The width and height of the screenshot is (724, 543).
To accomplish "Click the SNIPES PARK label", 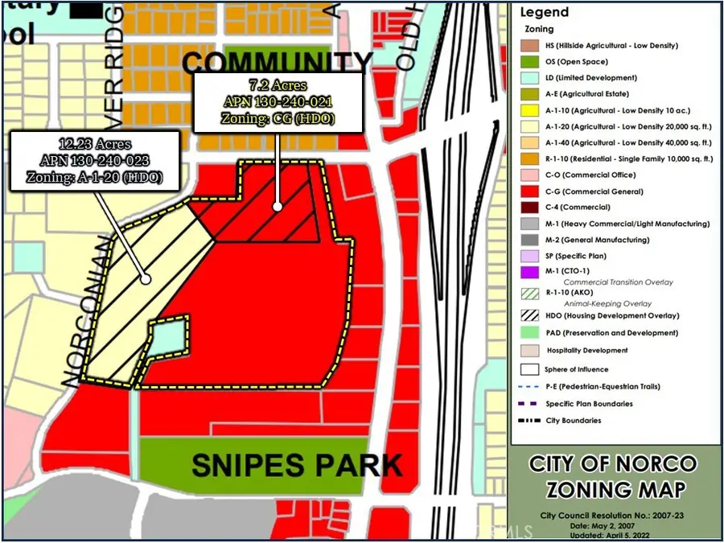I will [x=297, y=465].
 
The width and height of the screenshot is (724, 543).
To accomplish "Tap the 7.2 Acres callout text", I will [x=277, y=85].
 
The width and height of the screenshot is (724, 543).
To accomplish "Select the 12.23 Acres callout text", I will [x=93, y=146].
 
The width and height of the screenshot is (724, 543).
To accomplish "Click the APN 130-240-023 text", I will [x=93, y=161].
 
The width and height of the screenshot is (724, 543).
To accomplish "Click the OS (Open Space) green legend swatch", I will [x=530, y=62].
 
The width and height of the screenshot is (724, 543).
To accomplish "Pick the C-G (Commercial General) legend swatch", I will [x=530, y=191].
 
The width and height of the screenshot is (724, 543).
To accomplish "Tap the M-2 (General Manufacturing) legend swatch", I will [x=530, y=240].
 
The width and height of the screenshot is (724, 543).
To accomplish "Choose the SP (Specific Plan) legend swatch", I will [x=530, y=256].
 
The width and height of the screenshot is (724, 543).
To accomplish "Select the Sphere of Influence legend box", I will [x=530, y=369].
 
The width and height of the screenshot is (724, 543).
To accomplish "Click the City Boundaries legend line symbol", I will [x=530, y=421].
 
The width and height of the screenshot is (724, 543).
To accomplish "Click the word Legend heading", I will [x=545, y=12].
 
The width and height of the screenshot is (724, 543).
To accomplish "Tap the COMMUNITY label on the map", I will [x=278, y=63].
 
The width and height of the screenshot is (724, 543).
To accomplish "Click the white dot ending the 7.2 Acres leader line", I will [x=278, y=206].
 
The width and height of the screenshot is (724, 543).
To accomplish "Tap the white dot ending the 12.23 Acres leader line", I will [x=146, y=279].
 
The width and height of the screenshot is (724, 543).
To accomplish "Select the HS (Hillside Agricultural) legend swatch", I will [x=530, y=46].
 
